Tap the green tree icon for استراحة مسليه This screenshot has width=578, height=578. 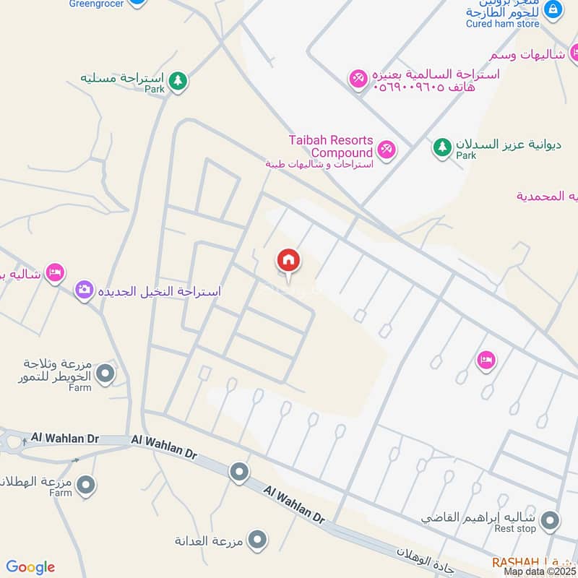point(178,81)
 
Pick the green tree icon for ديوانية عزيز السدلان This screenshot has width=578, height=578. point(441,147)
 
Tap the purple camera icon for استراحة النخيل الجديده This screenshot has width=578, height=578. point(85,290)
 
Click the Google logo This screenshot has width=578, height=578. point(30,567)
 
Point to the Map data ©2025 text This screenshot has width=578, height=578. point(539,571)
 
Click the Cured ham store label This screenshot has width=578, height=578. point(504,24)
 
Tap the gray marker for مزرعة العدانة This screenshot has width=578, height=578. point(257,539)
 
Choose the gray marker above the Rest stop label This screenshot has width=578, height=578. point(551,519)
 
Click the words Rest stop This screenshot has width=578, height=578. point(517,529)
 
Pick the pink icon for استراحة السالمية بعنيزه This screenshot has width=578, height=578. point(358,79)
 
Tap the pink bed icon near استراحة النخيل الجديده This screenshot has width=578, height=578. point(54,273)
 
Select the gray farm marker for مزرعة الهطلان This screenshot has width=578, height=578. point(86,483)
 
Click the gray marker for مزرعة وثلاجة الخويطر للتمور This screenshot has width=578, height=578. point(105,374)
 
